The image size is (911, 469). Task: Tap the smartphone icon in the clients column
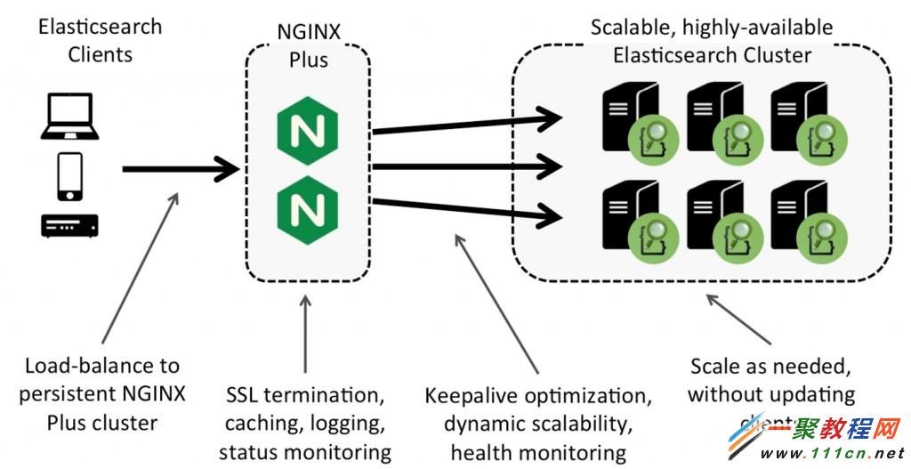click(69, 176)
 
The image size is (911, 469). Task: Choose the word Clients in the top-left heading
click(99, 54)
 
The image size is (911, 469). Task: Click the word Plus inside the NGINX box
click(308, 61)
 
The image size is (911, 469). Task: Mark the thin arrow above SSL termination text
click(305, 338)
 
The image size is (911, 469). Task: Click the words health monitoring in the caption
click(537, 452)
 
